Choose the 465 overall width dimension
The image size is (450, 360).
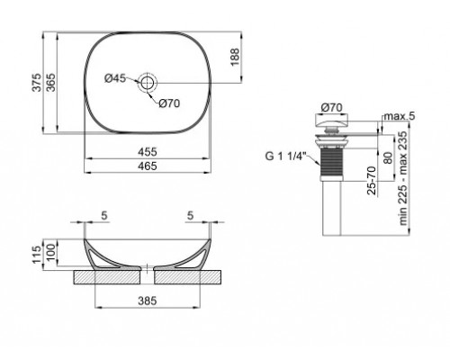[148, 167]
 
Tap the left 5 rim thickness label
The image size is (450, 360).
[104, 216]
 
